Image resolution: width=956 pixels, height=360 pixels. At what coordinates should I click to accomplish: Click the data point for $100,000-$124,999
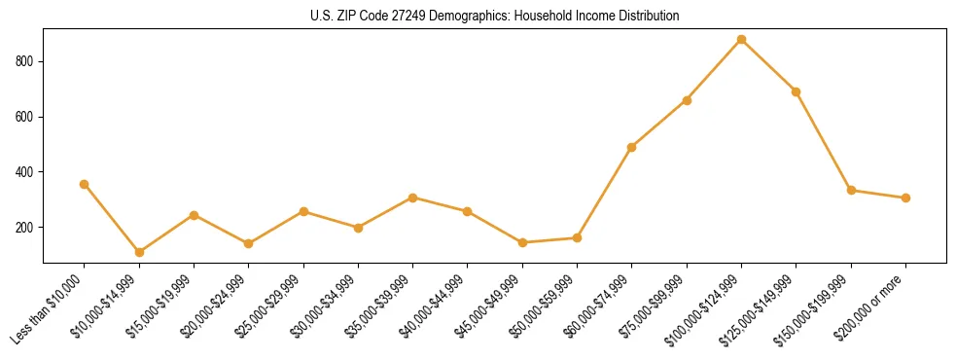click(x=741, y=40)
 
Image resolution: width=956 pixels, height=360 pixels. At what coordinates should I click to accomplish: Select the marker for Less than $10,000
click(x=85, y=184)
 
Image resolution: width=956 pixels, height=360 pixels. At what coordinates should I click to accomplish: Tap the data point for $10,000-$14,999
click(x=139, y=252)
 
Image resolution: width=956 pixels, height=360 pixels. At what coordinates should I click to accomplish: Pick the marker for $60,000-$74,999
click(x=632, y=147)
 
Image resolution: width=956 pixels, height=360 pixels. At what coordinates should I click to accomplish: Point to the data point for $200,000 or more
click(x=905, y=198)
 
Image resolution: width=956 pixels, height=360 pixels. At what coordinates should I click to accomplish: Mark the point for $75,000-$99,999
click(x=687, y=100)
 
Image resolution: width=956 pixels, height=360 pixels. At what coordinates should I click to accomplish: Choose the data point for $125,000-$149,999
click(x=796, y=91)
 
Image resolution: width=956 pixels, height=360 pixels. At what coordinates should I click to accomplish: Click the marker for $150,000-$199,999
click(x=851, y=190)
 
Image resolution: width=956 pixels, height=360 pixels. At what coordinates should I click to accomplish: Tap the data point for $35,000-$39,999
click(x=412, y=198)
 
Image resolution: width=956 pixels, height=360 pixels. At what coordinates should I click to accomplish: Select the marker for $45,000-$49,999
click(x=522, y=242)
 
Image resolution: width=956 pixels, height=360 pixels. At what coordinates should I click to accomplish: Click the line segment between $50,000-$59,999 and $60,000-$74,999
click(x=605, y=192)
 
